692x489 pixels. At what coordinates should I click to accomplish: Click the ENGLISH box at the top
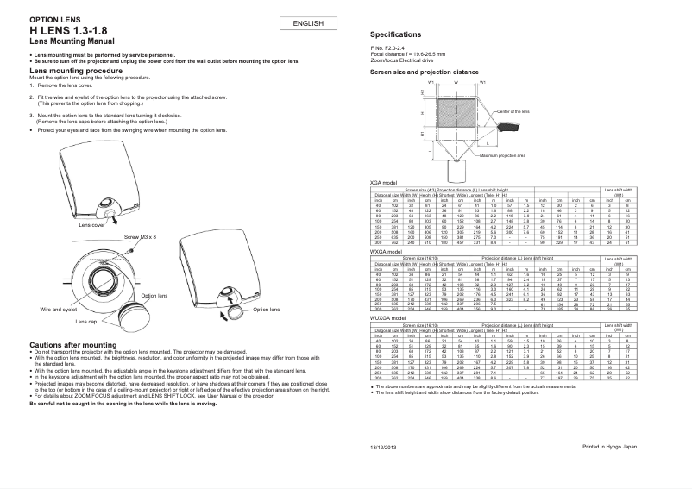308,23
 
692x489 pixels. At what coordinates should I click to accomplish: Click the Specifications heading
395,34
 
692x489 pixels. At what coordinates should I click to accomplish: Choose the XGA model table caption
383,183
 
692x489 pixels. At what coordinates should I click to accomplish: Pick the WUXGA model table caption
387,318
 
